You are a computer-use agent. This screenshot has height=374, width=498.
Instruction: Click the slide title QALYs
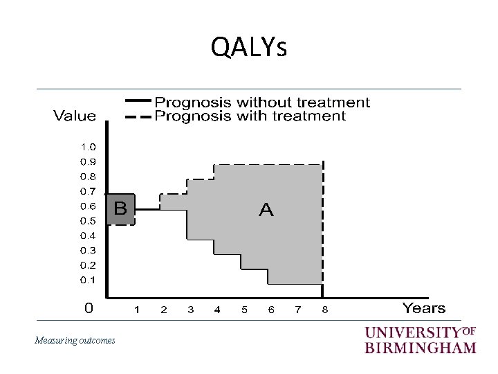(x=248, y=48)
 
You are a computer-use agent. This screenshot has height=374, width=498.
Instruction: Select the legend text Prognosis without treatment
(x=262, y=103)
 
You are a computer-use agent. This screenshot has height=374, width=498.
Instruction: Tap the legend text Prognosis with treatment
(x=250, y=116)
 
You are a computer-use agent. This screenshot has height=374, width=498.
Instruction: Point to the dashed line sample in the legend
(x=137, y=116)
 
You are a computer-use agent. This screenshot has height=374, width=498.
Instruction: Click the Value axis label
(x=75, y=116)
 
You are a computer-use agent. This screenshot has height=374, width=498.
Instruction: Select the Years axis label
(x=423, y=308)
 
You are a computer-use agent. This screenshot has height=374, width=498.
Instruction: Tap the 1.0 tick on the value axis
(x=88, y=147)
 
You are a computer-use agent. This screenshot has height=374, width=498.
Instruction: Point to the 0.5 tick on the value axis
(x=88, y=221)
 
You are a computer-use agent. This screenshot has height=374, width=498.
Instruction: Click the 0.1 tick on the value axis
(x=88, y=280)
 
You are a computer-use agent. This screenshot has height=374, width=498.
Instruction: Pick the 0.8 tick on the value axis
(x=88, y=176)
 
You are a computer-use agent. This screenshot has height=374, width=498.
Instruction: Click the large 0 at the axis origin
(x=89, y=308)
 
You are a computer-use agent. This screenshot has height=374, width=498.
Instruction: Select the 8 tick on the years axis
(x=324, y=310)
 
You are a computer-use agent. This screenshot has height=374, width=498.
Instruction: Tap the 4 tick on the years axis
(x=217, y=310)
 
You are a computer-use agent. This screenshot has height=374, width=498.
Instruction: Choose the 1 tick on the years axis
(x=136, y=310)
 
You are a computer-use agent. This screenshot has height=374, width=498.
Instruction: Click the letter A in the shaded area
(x=266, y=210)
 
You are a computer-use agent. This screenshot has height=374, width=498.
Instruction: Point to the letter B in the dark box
(x=120, y=208)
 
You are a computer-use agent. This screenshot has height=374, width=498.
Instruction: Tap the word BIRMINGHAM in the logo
(x=420, y=347)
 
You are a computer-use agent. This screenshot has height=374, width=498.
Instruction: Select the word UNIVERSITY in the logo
(x=412, y=332)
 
